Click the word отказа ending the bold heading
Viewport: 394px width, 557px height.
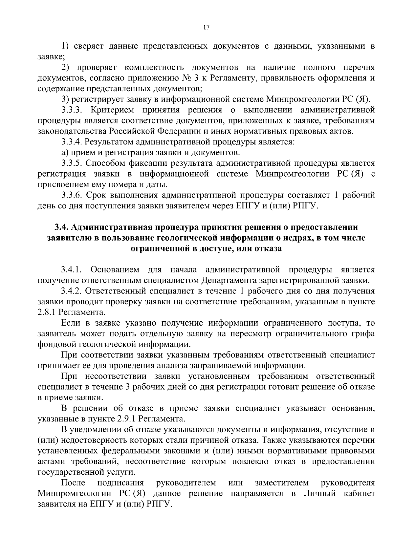coord(267,248)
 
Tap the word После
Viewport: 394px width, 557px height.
coord(73,483)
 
